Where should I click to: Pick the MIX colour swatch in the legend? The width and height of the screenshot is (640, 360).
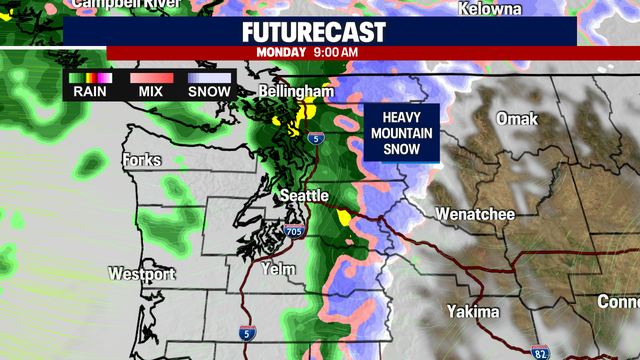151,77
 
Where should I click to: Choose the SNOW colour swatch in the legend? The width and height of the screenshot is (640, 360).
208,77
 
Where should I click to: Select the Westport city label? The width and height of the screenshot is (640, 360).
141,274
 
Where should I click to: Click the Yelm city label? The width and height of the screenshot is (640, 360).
277,269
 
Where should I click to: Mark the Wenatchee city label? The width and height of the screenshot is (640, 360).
475,214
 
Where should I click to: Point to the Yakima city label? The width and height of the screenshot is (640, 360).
473,312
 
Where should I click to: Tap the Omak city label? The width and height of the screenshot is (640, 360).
517,119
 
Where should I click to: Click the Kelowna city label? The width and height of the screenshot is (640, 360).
490,9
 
